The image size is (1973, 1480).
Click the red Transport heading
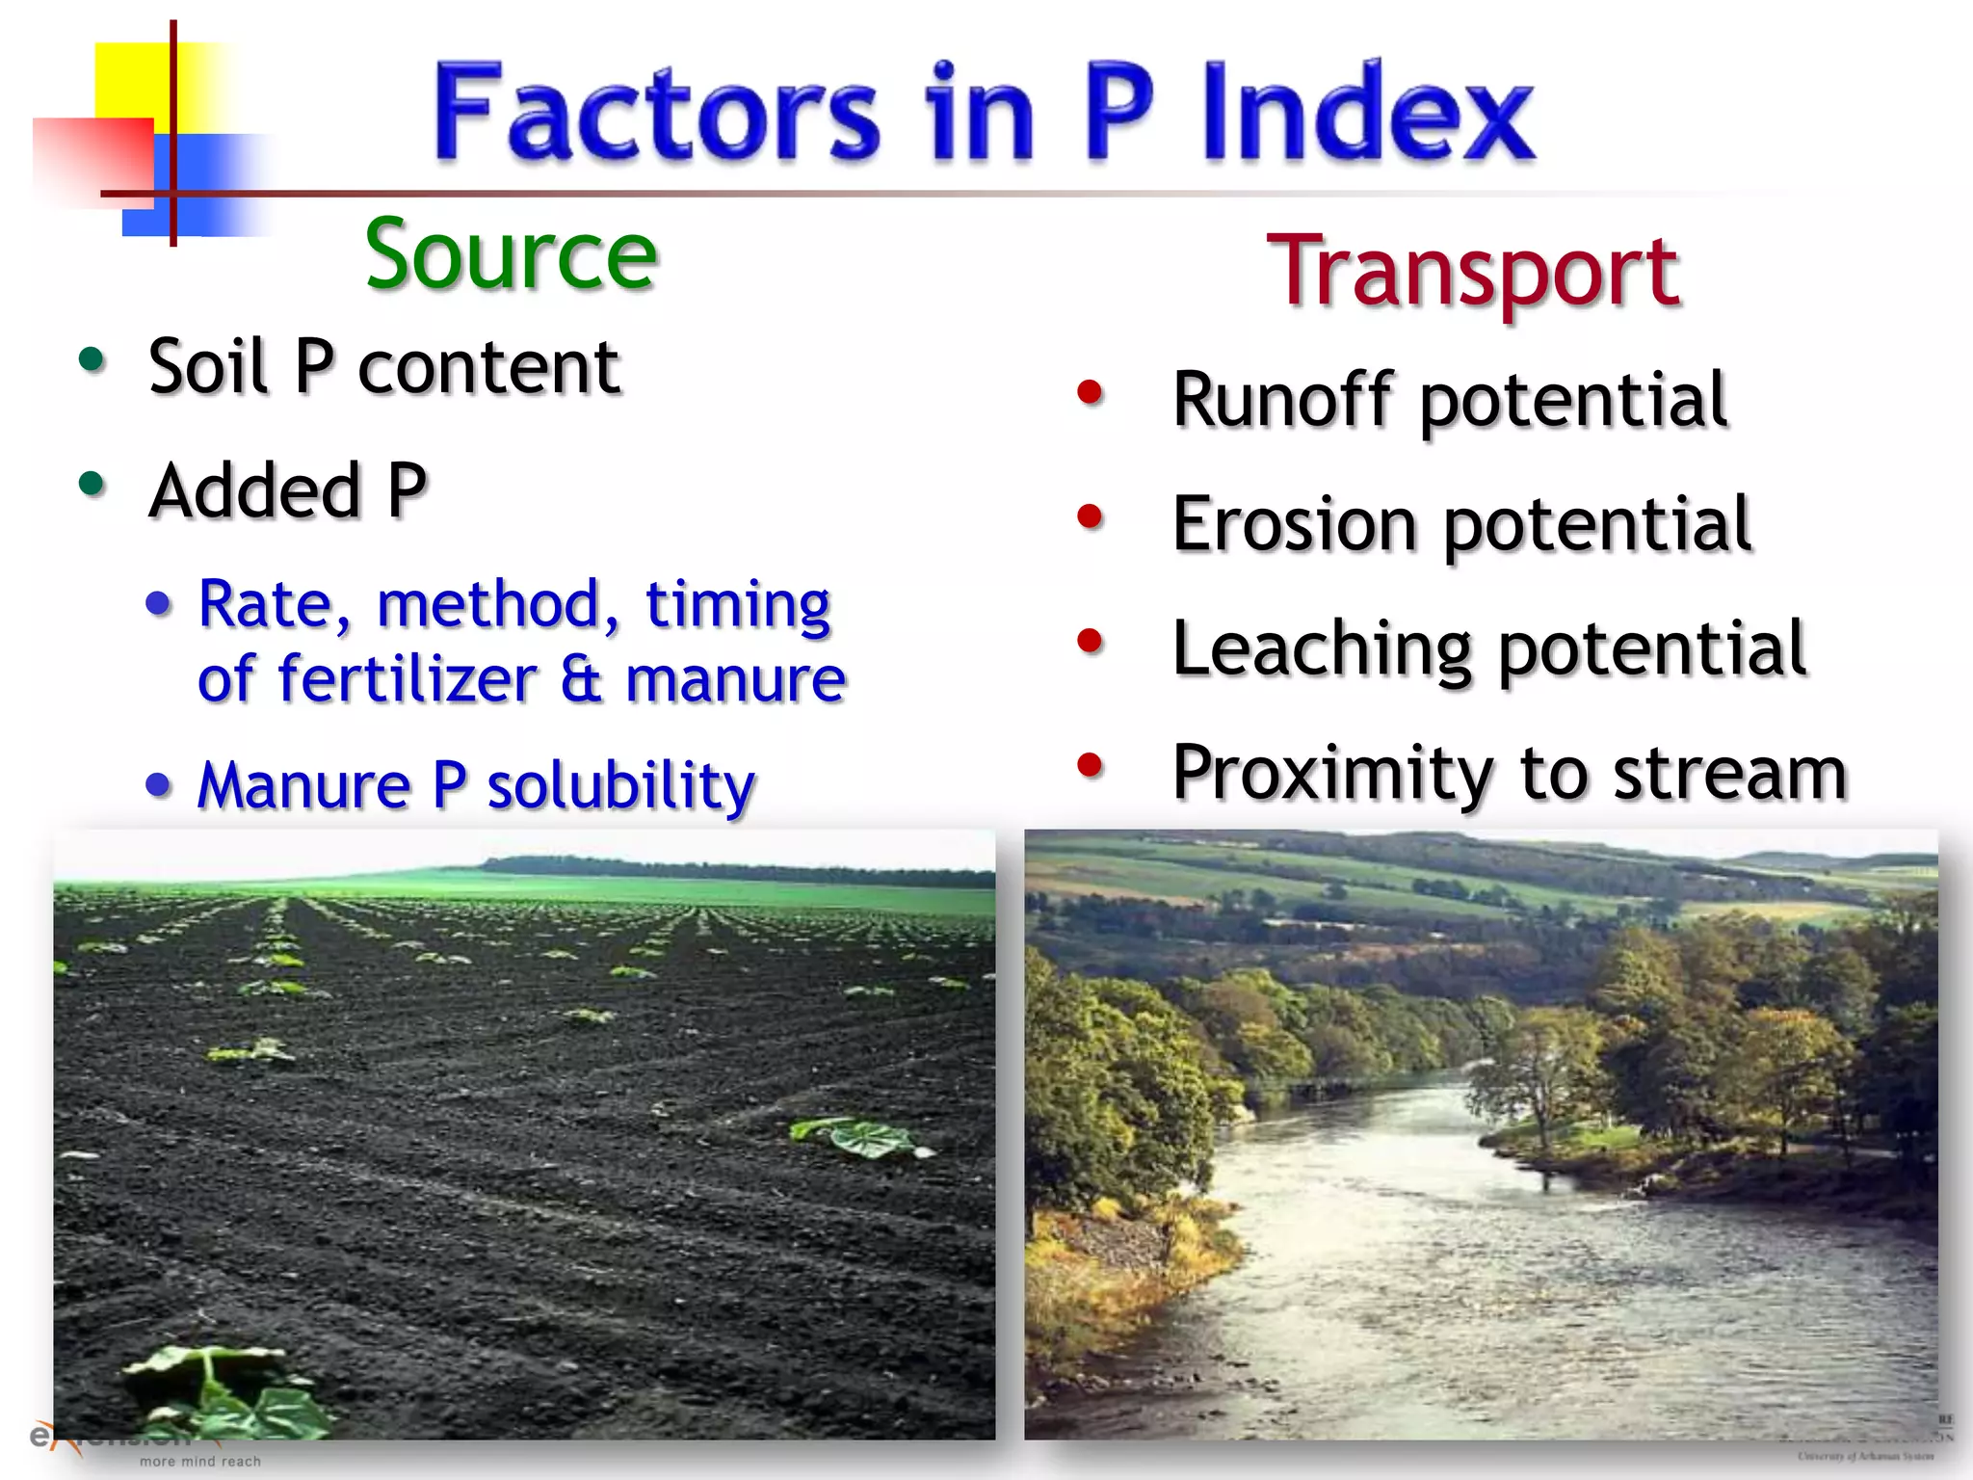point(1474,272)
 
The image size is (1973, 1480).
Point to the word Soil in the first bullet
point(207,367)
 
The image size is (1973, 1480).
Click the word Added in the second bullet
point(254,491)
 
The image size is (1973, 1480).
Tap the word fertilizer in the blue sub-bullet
point(407,679)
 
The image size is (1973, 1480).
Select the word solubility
point(620,785)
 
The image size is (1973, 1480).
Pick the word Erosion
point(1295,524)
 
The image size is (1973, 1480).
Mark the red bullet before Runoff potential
point(1090,392)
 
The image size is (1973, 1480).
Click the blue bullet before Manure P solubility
point(159,784)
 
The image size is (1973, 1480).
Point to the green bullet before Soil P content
point(92,359)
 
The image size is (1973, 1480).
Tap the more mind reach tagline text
point(200,1462)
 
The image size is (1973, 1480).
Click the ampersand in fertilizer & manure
point(581,679)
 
